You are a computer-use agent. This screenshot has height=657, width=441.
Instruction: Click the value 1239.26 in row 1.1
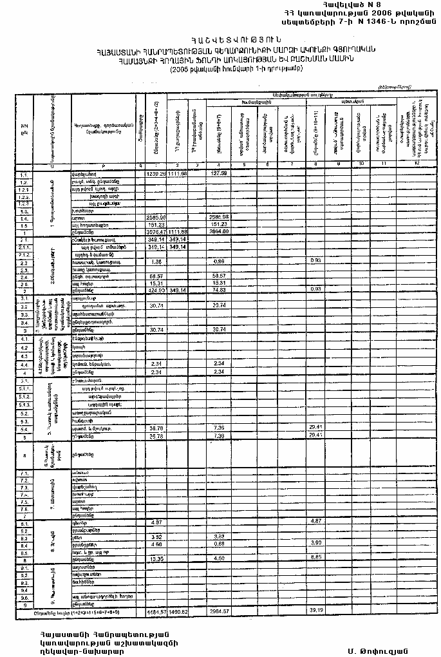156,174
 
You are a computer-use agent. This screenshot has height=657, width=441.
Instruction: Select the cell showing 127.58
220,174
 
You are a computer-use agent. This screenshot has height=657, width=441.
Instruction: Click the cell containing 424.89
156,290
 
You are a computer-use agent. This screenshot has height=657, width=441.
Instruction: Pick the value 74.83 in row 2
220,290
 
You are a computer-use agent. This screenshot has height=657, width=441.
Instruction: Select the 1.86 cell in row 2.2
156,262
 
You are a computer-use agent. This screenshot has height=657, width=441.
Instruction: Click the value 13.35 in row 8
156,558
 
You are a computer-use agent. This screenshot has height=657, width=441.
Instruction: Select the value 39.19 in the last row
315,610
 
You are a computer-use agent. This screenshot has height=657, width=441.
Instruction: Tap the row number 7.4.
24,493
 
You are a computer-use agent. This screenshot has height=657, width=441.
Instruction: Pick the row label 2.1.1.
24,246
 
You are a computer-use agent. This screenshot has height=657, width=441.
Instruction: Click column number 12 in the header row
416,166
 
